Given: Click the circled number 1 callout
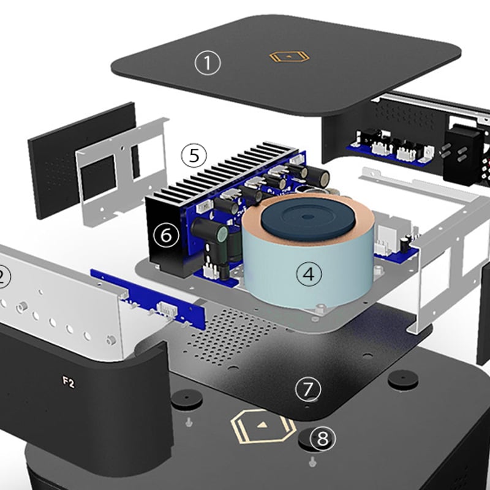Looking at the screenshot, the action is tap(208, 63).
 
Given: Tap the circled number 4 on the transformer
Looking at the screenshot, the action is tap(309, 274).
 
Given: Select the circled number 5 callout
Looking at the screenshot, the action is tap(194, 156).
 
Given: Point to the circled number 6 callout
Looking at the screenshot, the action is tap(166, 235).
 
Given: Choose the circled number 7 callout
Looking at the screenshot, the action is tap(308, 389).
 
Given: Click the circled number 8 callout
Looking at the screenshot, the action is tap(323, 439).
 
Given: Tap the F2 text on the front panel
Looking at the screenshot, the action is tap(69, 382).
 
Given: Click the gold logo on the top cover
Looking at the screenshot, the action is tap(289, 56).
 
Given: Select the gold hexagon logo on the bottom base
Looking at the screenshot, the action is tap(263, 426).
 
